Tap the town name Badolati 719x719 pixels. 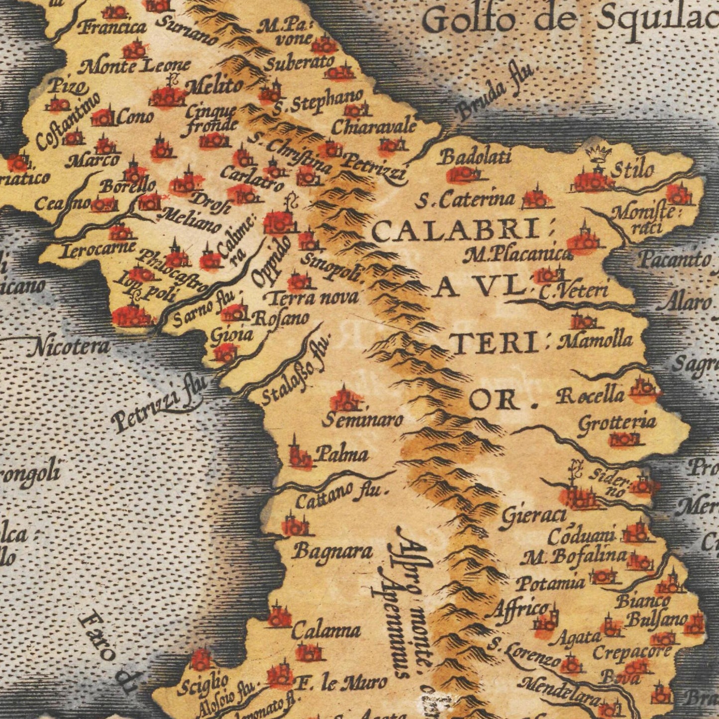pos(475,157)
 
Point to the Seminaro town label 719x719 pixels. pos(362,420)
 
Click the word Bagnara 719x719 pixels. pos(332,551)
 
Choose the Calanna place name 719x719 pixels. pos(326,631)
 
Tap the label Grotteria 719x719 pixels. pos(617,423)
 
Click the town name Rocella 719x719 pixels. pos(590,396)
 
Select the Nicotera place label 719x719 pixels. pos(69,346)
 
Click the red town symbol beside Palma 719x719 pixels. pos(300,456)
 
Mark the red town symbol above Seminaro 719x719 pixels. pos(343,399)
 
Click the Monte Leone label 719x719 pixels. pos(135,65)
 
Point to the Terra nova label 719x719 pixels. pos(313,298)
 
